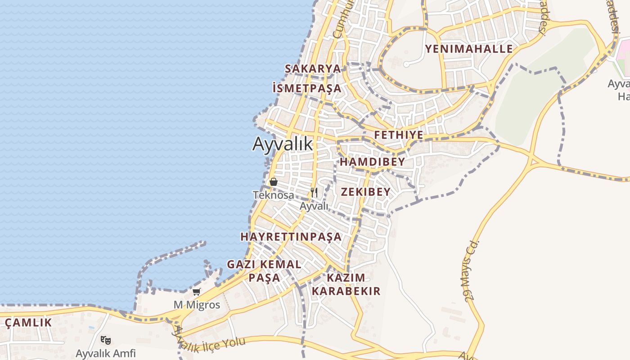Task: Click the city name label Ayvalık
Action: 282,144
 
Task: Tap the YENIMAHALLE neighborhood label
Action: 469,49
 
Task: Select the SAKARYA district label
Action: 313,69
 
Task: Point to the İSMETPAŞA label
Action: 307,88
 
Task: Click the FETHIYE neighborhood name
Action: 399,135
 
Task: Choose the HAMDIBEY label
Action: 372,162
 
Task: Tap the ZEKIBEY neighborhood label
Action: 365,192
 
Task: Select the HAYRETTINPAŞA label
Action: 291,237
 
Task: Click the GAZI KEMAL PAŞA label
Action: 264,270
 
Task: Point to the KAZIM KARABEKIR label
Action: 346,284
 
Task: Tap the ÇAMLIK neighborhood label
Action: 28,323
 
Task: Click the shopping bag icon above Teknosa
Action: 273,182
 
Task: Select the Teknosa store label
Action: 274,195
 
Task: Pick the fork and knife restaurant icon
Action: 314,193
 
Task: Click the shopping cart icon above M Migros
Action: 197,292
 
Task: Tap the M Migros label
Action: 197,305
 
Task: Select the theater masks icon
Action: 106,340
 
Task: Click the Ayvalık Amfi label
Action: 106,353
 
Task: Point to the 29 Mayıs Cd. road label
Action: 471,270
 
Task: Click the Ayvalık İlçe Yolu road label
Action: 210,344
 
